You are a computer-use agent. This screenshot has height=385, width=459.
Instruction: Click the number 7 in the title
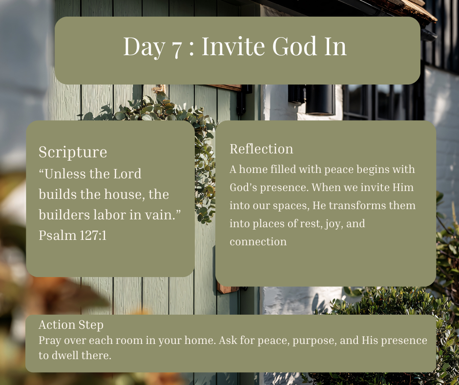[x=176, y=48]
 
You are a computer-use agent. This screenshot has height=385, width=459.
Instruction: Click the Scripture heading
[x=73, y=152]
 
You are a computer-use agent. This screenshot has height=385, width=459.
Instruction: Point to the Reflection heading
[x=261, y=149]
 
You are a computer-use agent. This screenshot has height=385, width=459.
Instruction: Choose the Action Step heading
[x=71, y=325]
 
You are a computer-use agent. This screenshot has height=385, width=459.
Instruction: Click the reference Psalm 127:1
[x=73, y=235]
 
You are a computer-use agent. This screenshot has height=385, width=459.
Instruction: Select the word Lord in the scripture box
[x=127, y=174]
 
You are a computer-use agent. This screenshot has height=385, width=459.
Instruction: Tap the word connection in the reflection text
[x=258, y=242]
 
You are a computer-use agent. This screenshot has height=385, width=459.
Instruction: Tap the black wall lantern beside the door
[x=320, y=100]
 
